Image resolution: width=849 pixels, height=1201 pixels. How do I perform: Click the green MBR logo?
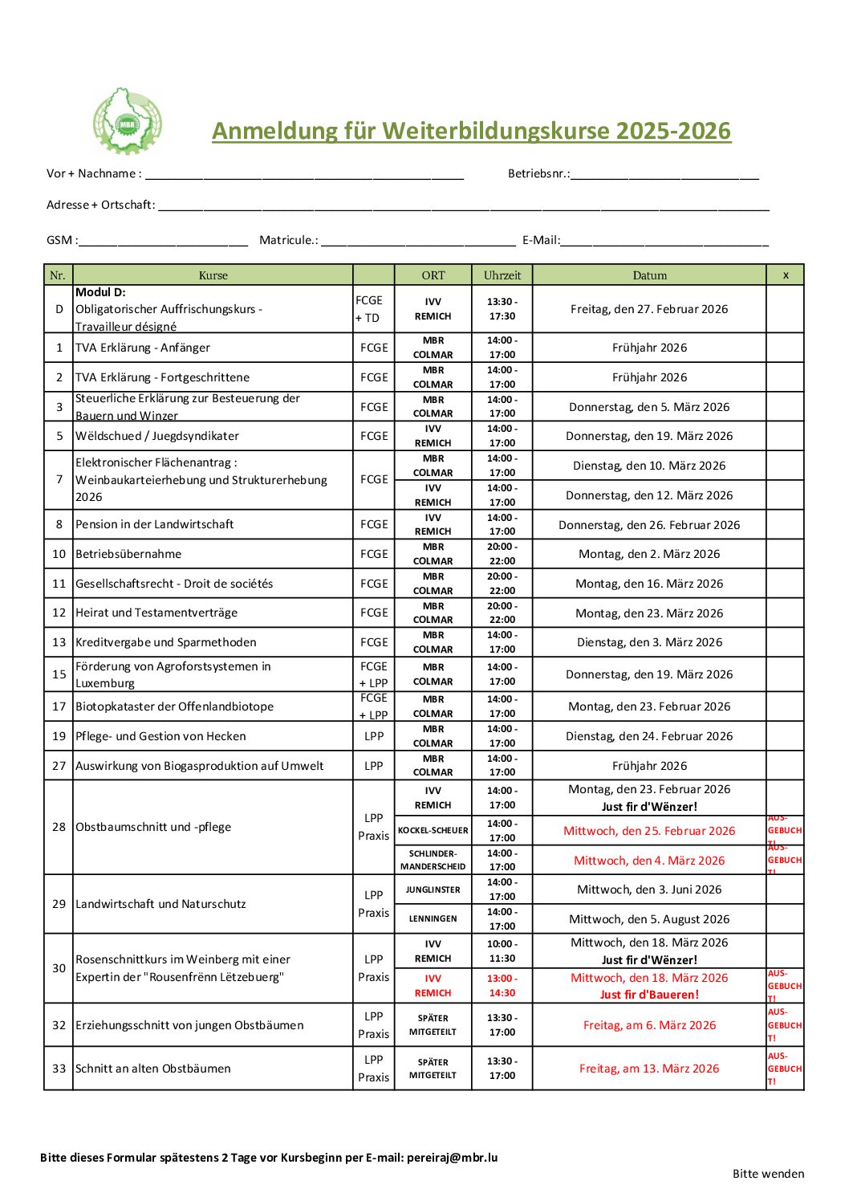click(x=127, y=121)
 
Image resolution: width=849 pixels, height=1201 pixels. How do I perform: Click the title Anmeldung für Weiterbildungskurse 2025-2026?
click(x=471, y=131)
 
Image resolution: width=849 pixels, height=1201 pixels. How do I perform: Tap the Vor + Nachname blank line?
click(x=304, y=174)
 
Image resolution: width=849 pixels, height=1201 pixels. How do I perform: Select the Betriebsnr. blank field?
click(x=664, y=174)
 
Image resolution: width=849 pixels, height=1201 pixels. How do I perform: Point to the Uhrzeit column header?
click(x=502, y=275)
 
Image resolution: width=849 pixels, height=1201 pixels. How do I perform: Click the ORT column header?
click(x=433, y=275)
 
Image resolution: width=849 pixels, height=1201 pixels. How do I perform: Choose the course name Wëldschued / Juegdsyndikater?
click(x=157, y=436)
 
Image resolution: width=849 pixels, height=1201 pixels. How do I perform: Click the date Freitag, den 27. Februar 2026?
click(x=649, y=309)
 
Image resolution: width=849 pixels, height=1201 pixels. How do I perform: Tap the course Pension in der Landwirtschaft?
click(x=155, y=524)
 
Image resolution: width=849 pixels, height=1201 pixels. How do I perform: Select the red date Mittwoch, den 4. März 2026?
click(x=649, y=861)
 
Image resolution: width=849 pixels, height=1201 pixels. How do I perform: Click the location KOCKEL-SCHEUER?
click(x=433, y=831)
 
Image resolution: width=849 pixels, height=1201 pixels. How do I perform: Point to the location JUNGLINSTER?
click(x=433, y=890)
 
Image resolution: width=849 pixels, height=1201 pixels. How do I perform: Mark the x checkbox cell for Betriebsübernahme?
click(x=785, y=554)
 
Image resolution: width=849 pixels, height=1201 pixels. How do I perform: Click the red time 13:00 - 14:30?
click(x=502, y=986)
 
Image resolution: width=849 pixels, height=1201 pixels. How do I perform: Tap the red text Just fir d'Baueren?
click(x=649, y=995)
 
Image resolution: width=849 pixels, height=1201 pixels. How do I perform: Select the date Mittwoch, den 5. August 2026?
click(x=649, y=919)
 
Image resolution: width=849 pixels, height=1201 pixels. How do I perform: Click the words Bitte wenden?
click(x=768, y=1174)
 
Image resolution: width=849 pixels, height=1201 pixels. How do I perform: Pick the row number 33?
click(x=59, y=1069)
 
